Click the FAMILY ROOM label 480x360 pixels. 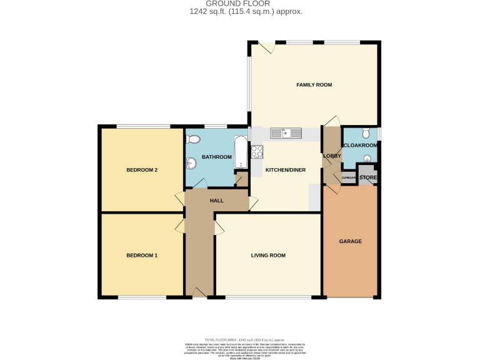point(314,84)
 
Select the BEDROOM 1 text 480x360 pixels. point(141,255)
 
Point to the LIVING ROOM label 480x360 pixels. point(268,255)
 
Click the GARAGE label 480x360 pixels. point(350,241)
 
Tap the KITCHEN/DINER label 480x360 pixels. point(285,169)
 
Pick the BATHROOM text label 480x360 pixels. point(216,157)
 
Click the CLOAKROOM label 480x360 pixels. point(361,146)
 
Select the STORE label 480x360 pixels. point(368,178)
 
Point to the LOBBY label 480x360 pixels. point(331,156)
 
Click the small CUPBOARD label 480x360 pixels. point(348,179)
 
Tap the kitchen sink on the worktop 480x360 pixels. point(286,133)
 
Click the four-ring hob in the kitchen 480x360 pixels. point(256,151)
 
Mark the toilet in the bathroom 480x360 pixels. point(194,139)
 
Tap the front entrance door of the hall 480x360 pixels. point(201,292)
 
